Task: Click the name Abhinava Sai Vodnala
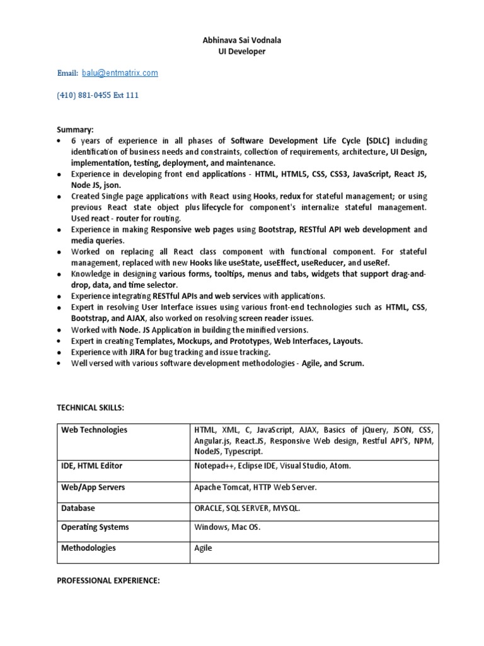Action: point(242,40)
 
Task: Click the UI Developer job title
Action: point(242,51)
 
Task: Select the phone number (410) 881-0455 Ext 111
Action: point(98,95)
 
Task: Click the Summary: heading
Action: point(75,129)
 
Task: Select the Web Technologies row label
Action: point(94,430)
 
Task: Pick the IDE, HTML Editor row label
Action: point(92,466)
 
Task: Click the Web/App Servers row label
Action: point(93,487)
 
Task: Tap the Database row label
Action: point(78,507)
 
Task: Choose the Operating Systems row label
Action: point(95,527)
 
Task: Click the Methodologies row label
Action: point(88,548)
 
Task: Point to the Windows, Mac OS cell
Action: point(227,527)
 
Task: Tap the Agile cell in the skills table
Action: point(204,548)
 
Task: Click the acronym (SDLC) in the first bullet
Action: point(377,141)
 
